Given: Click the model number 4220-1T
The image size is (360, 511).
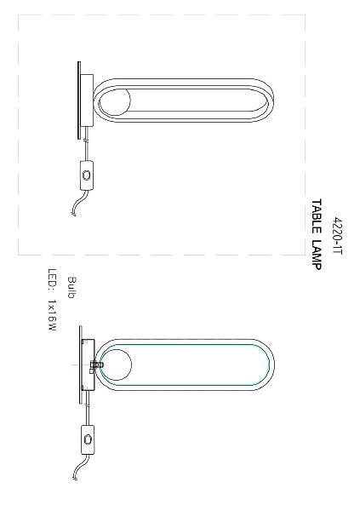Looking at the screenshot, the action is [x=337, y=236].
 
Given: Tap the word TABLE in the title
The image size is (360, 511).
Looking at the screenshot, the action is [x=317, y=216].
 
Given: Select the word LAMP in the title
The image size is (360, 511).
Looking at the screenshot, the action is [x=317, y=255].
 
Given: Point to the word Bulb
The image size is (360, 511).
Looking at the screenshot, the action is [x=71, y=287].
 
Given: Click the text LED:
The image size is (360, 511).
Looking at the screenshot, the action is [x=52, y=279].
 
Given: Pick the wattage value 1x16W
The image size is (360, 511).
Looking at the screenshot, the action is [x=52, y=315].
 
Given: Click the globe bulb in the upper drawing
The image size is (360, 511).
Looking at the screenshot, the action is [x=114, y=100].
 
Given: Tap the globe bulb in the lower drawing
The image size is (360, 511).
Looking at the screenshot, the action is [x=116, y=365].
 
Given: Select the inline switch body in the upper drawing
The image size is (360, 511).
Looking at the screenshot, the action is [x=86, y=175].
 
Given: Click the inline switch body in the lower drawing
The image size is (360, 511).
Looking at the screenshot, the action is [x=88, y=439].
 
